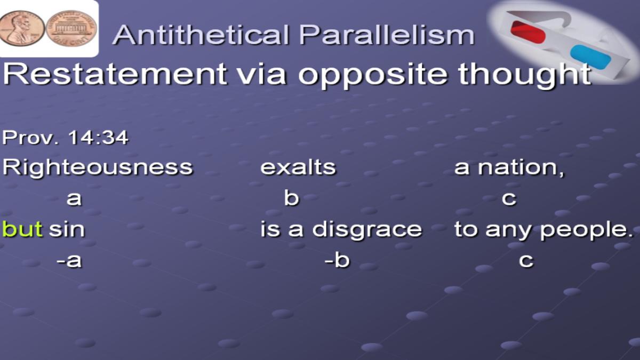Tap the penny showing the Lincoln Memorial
[x=71, y=29]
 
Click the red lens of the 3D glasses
[x=528, y=32]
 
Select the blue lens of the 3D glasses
[x=590, y=57]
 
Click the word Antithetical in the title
[x=201, y=35]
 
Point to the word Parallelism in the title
[x=387, y=35]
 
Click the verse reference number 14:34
[x=98, y=138]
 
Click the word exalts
[x=298, y=167]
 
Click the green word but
[x=22, y=229]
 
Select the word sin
[x=67, y=229]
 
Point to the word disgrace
[x=367, y=230]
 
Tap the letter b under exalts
[x=291, y=198]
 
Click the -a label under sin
[x=69, y=261]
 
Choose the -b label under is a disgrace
[x=337, y=260]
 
